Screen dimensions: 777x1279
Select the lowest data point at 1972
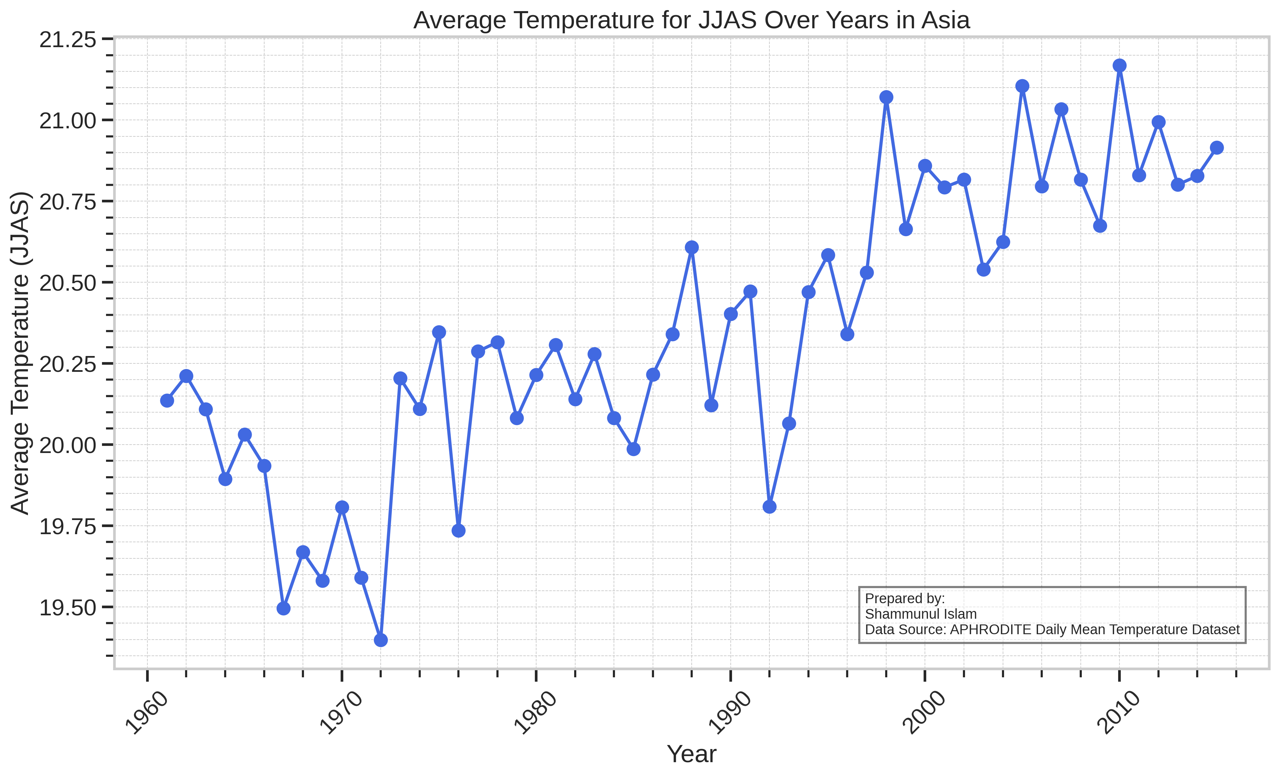[x=380, y=640]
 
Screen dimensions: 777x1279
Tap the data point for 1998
[x=887, y=97]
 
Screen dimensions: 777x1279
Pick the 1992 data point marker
[x=770, y=507]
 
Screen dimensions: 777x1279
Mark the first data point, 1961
[x=167, y=400]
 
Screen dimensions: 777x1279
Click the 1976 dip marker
[x=458, y=530]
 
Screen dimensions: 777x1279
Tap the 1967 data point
[x=283, y=608]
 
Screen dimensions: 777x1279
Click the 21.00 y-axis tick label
[x=68, y=121]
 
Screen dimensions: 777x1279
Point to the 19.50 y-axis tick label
[x=68, y=608]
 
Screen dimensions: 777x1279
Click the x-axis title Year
[x=691, y=754]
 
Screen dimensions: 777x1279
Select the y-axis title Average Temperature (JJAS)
[x=21, y=353]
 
